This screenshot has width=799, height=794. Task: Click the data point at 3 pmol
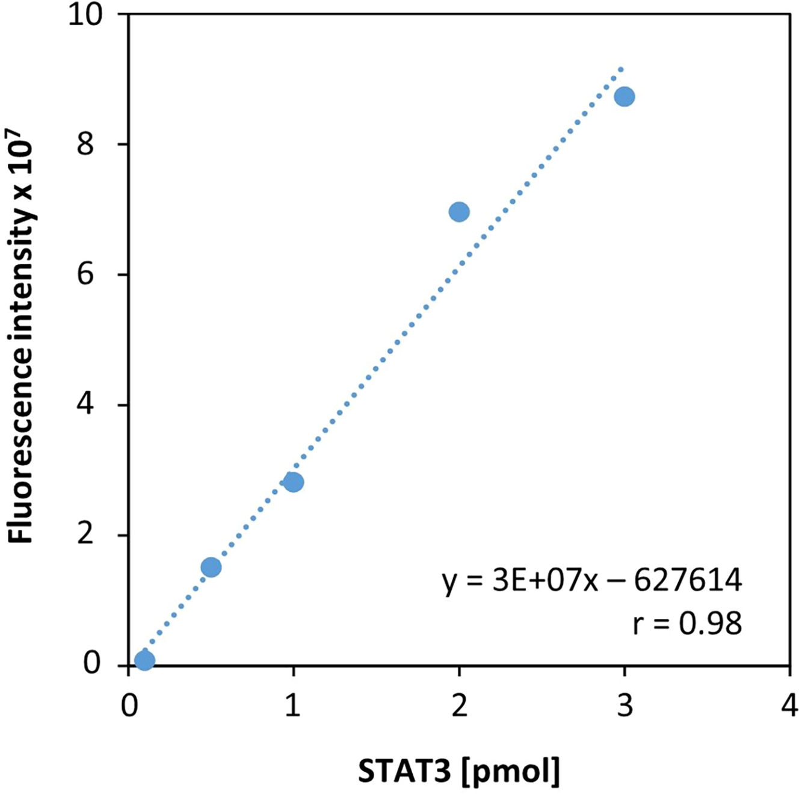[625, 96]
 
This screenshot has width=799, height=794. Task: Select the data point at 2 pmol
[459, 212]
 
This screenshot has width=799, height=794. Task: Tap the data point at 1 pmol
[293, 482]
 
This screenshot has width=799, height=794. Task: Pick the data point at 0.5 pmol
[211, 567]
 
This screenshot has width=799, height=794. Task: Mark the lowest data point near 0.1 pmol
[144, 660]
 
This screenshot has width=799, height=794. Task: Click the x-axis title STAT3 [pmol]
[458, 772]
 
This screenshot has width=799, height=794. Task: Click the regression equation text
[592, 582]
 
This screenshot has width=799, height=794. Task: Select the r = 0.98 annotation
[686, 624]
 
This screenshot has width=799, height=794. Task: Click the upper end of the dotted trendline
[622, 69]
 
